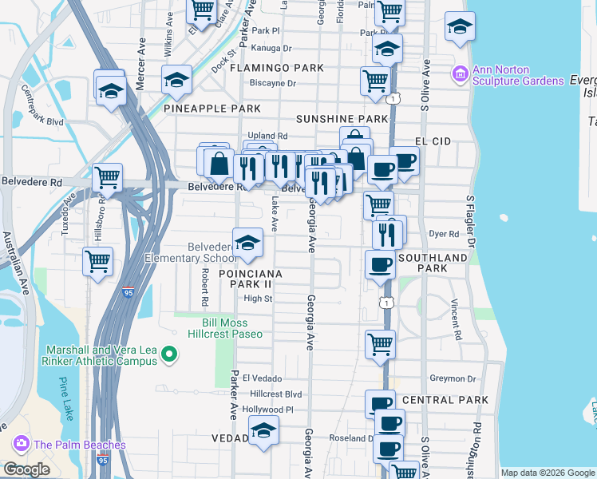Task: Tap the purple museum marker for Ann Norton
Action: click(x=461, y=76)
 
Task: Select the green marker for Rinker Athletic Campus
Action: click(x=168, y=354)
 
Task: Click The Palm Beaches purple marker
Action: click(x=22, y=444)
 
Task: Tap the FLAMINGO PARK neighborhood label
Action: click(x=277, y=68)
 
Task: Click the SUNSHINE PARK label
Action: click(x=342, y=118)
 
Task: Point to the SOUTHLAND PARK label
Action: click(x=433, y=263)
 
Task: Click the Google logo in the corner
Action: click(x=26, y=469)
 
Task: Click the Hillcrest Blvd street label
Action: click(x=276, y=394)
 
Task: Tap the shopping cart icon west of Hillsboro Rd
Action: click(x=97, y=260)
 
